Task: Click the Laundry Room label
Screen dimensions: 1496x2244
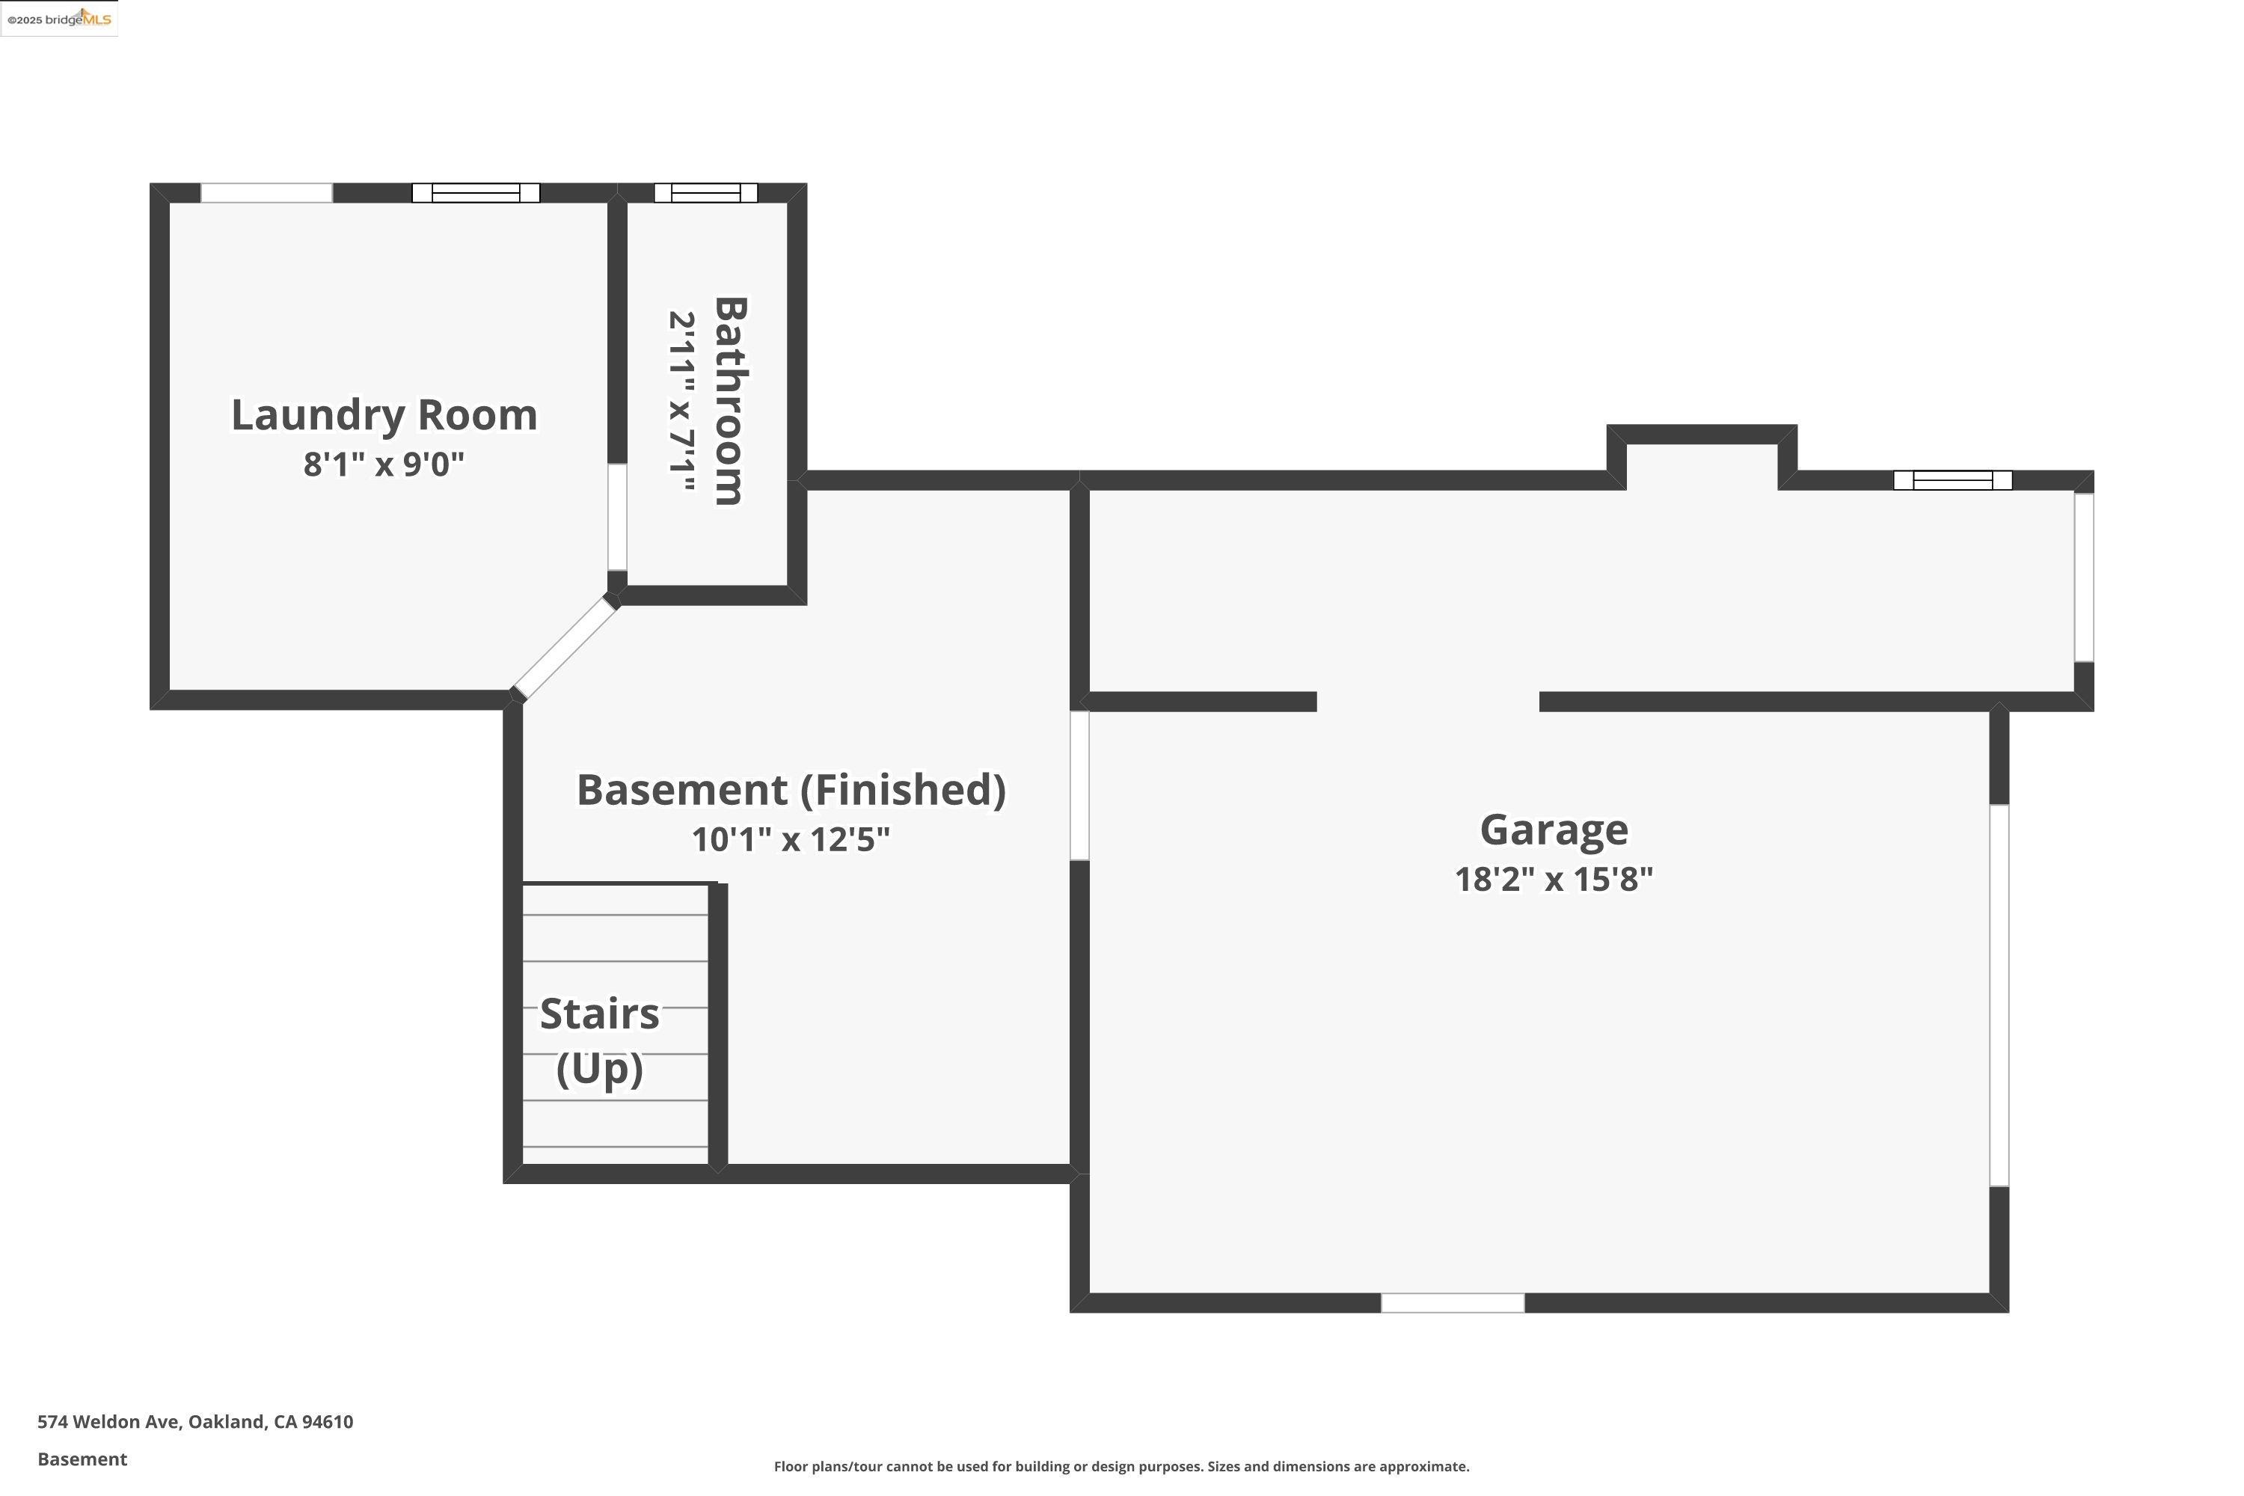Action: (384, 416)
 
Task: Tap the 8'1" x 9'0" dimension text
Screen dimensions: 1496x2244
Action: (384, 465)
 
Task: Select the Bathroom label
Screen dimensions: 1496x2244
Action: (730, 401)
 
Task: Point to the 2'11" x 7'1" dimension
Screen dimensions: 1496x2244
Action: (681, 401)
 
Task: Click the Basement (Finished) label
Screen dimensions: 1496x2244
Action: (791, 791)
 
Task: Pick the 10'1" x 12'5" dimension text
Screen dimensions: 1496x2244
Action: (791, 839)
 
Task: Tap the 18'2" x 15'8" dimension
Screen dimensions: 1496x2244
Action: (1554, 879)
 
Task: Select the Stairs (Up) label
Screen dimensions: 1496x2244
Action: (599, 1040)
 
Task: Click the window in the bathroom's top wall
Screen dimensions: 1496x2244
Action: (705, 193)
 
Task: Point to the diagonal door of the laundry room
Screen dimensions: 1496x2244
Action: (565, 649)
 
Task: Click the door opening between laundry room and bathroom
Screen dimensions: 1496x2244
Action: (617, 517)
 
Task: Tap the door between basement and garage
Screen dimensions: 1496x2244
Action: (1079, 785)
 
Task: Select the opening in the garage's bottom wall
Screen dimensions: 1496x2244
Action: (1452, 1302)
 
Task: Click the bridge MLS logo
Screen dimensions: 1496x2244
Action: (59, 19)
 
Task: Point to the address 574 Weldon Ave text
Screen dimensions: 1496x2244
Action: (194, 1422)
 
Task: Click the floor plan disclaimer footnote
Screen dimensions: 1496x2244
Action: (1121, 1466)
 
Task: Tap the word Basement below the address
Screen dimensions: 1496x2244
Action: (82, 1459)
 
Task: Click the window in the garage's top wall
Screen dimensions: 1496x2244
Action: (1952, 480)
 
